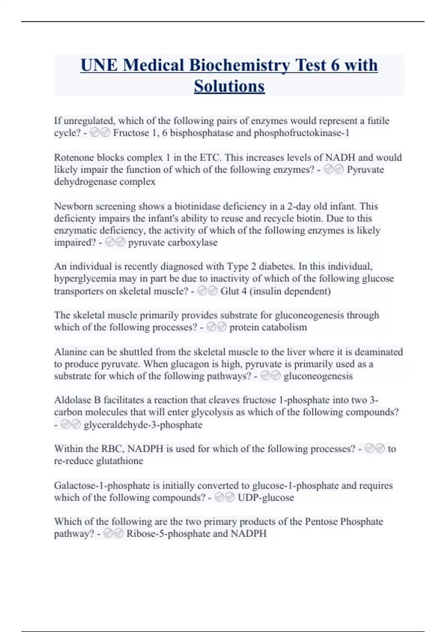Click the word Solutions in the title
[229, 86]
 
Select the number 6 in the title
[335, 65]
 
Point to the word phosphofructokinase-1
[301, 133]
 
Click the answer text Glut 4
[233, 291]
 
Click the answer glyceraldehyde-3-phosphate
[143, 425]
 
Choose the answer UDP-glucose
[266, 497]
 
